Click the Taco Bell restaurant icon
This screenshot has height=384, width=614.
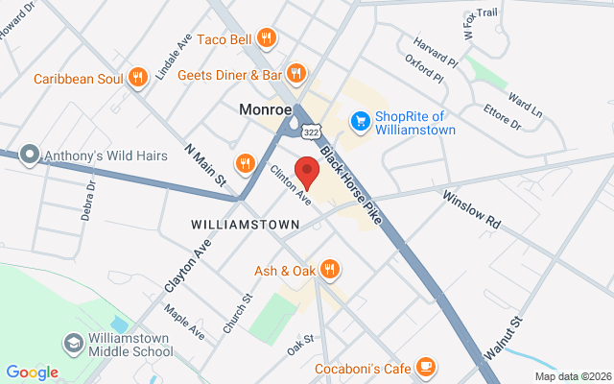(x=267, y=38)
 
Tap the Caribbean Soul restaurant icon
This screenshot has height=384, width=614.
(x=138, y=77)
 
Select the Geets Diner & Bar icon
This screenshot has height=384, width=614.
(x=296, y=73)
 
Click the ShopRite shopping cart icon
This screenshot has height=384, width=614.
(x=360, y=120)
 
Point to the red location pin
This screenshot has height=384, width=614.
(x=307, y=171)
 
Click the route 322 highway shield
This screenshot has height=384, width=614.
(x=311, y=130)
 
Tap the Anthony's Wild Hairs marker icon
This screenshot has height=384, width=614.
(x=30, y=155)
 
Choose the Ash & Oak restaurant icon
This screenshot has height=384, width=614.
(x=330, y=270)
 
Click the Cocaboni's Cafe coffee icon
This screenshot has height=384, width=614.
(x=426, y=368)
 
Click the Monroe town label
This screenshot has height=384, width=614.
(x=266, y=110)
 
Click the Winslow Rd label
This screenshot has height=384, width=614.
(x=472, y=208)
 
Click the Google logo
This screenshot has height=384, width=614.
(x=32, y=372)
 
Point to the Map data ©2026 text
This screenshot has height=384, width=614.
(x=572, y=376)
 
